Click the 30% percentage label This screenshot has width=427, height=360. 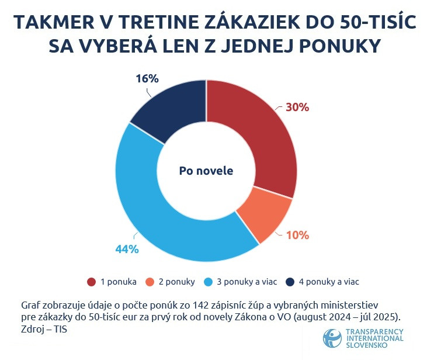coord(297,108)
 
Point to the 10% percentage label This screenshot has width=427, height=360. coord(297,236)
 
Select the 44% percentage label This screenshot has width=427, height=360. coord(126,250)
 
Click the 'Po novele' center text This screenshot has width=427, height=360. coord(206,171)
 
